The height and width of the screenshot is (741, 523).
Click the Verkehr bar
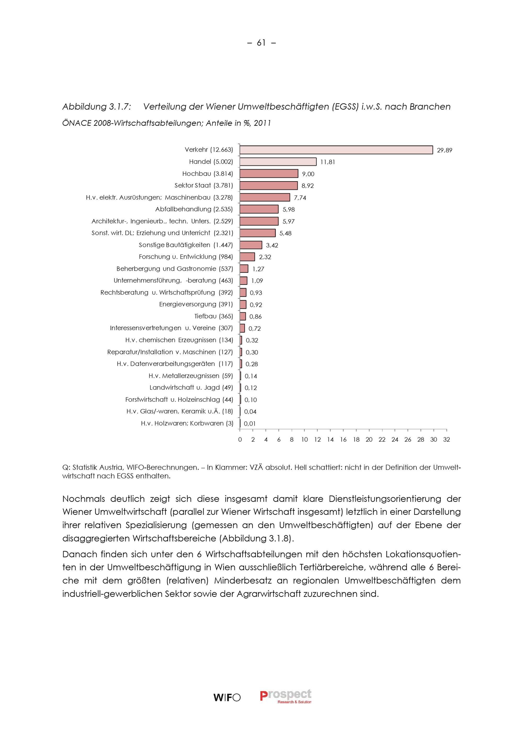click(x=336, y=150)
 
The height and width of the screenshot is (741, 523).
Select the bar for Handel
click(x=278, y=162)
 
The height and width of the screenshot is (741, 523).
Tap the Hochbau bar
click(x=269, y=174)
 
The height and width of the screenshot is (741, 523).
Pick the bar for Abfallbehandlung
click(x=259, y=209)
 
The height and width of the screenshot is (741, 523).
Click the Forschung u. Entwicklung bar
click(x=247, y=257)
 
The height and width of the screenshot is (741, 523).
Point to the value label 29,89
click(x=444, y=150)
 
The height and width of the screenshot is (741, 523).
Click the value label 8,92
click(x=308, y=186)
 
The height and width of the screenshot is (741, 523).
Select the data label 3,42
click(x=272, y=245)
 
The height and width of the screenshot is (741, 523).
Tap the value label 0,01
click(x=249, y=424)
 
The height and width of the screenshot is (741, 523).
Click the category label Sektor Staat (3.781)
click(x=203, y=186)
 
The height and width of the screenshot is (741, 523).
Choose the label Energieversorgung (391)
click(x=196, y=304)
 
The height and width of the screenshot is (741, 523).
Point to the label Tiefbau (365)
click(x=213, y=316)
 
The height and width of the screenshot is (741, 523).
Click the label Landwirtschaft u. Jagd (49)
click(x=191, y=388)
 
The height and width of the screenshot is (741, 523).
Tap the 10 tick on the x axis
click(x=305, y=440)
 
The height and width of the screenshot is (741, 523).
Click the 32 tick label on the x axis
click(x=446, y=440)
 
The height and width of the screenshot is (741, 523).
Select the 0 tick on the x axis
click(x=240, y=440)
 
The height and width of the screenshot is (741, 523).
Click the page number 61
click(x=261, y=43)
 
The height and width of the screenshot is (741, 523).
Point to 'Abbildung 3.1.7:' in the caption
click(x=97, y=107)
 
